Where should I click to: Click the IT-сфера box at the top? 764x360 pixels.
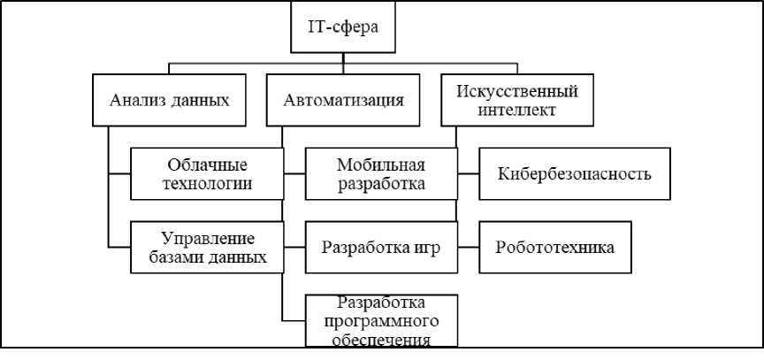click(x=343, y=27)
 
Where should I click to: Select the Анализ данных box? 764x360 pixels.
click(x=169, y=100)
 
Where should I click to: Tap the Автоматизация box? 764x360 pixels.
click(x=343, y=100)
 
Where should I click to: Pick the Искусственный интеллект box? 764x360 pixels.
click(x=517, y=100)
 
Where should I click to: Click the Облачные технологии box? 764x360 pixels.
click(x=207, y=174)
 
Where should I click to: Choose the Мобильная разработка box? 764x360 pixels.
click(x=381, y=174)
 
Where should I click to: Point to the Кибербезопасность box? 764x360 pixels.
click(x=575, y=174)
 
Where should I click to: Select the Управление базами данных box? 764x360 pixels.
click(x=207, y=248)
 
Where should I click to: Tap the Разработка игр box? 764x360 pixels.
click(x=381, y=248)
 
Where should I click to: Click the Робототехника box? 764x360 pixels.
click(x=555, y=248)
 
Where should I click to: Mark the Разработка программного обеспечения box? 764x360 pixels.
click(x=381, y=320)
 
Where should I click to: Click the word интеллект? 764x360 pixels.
click(x=516, y=110)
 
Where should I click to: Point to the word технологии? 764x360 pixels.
click(x=207, y=184)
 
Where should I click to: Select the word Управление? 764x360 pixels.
click(x=207, y=238)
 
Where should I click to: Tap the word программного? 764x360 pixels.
click(x=381, y=321)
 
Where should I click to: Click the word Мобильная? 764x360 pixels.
click(x=381, y=165)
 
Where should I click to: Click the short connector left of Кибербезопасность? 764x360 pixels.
click(x=469, y=174)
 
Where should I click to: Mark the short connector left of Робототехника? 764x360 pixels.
click(x=469, y=248)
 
